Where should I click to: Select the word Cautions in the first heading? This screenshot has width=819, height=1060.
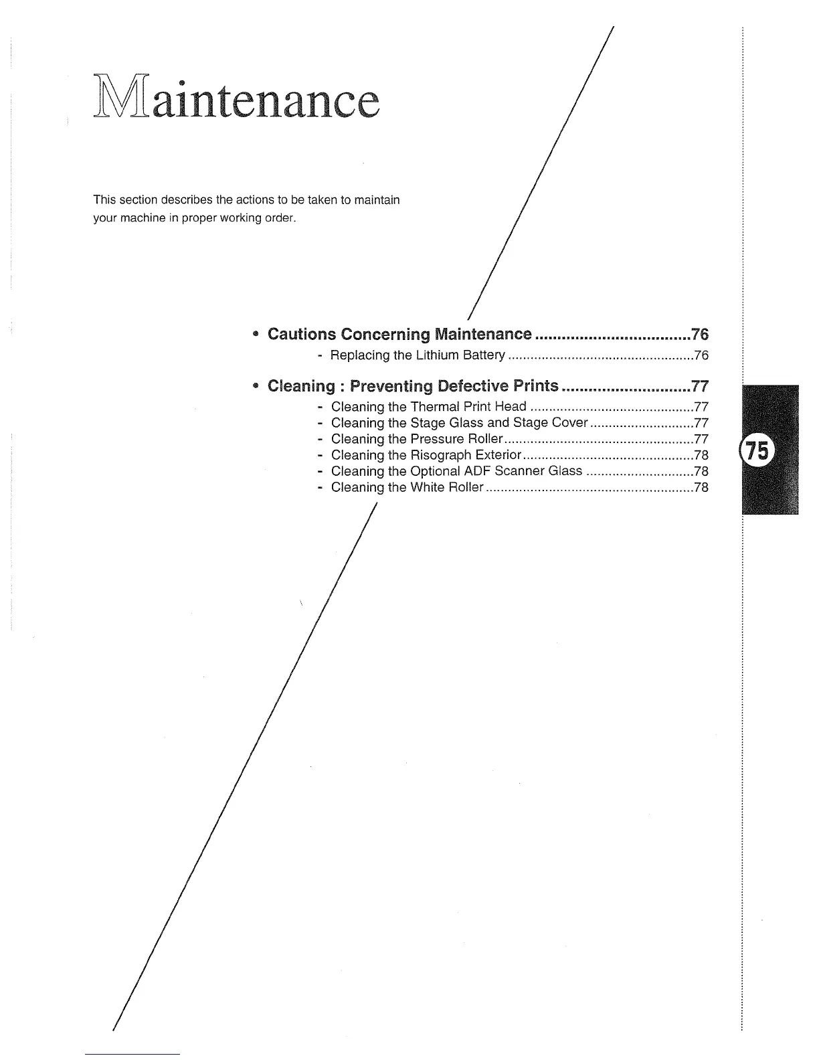[x=302, y=334]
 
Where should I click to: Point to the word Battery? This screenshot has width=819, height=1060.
[x=488, y=355]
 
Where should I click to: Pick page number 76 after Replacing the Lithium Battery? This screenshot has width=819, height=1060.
[x=701, y=355]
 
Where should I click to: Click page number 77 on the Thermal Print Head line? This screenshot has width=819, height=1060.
[x=701, y=407]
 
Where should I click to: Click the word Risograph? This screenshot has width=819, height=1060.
[x=442, y=455]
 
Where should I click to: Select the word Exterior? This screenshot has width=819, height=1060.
[x=498, y=455]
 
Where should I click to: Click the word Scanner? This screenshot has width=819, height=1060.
[x=519, y=471]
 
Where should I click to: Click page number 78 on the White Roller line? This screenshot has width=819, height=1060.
[x=701, y=487]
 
